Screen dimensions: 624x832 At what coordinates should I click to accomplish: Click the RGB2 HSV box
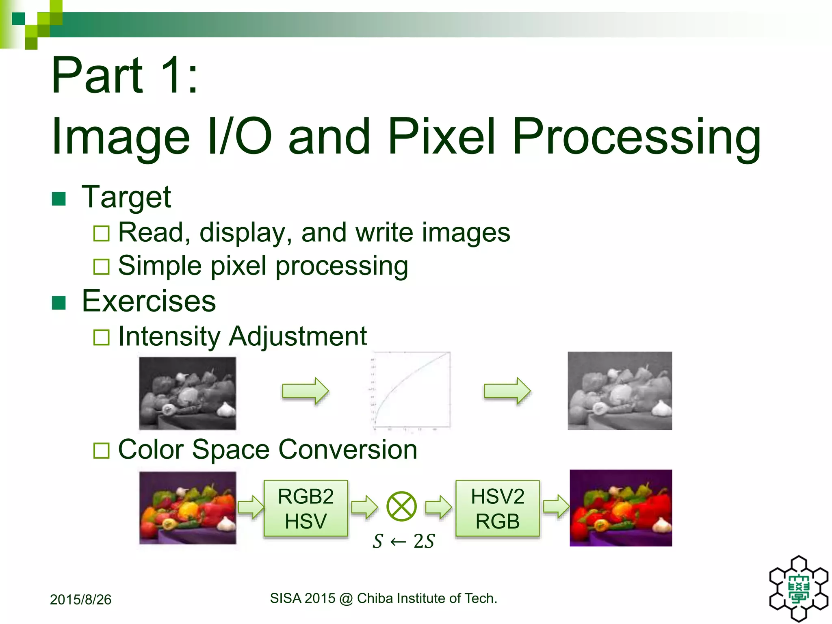(305, 509)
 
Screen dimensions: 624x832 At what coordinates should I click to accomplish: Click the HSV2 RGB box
(497, 509)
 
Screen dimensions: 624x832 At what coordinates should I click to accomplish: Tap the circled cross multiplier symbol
(401, 506)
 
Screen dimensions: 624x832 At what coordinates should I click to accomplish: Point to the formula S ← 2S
(403, 541)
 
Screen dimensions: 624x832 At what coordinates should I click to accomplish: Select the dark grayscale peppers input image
(187, 393)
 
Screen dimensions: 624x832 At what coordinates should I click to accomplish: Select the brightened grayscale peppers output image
(620, 391)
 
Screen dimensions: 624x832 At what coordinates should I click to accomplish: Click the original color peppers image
(187, 508)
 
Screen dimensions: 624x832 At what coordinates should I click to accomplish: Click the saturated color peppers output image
(620, 508)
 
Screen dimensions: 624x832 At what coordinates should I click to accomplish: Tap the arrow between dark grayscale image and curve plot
(305, 391)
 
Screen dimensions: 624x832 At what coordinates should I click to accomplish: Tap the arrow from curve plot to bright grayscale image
(507, 391)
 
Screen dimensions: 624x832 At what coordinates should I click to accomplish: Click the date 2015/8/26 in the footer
(80, 600)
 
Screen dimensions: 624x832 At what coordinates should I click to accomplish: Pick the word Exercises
(149, 301)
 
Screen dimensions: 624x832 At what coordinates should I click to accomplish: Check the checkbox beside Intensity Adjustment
(102, 337)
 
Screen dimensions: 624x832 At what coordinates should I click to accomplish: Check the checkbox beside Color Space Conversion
(102, 451)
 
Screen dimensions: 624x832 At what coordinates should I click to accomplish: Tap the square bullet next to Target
(59, 199)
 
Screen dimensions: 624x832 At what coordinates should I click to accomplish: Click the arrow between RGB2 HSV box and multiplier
(364, 507)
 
